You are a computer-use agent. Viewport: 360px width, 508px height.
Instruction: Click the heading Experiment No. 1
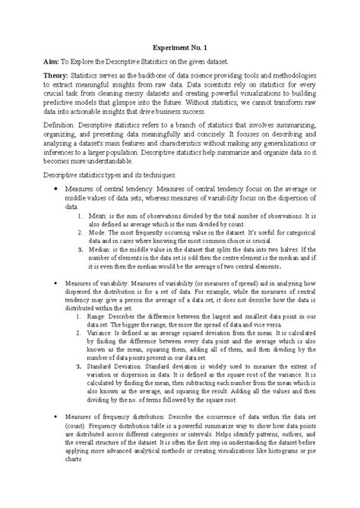pyautogui.click(x=180, y=46)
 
